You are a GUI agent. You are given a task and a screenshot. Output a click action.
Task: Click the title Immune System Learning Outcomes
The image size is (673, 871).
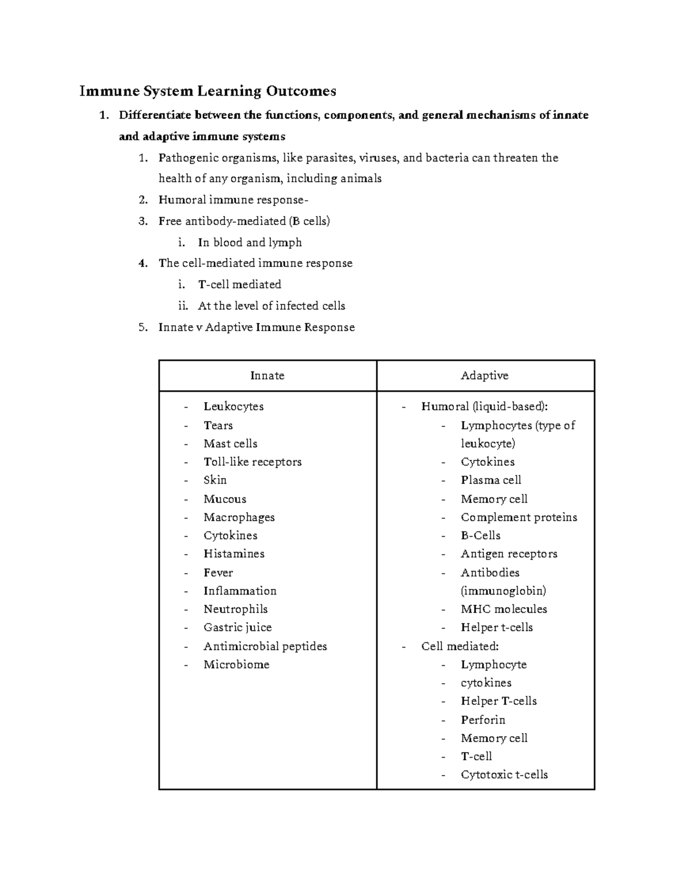(x=208, y=91)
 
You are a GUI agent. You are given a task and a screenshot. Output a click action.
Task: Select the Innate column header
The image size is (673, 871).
(x=267, y=376)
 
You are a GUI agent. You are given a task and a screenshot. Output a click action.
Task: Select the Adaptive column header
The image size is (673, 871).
(x=485, y=376)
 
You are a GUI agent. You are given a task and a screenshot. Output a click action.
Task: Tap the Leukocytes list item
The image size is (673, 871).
(x=233, y=407)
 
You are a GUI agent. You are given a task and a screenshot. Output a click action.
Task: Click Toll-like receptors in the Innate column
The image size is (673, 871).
(x=252, y=462)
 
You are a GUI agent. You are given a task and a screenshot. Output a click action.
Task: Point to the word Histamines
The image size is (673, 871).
(x=234, y=554)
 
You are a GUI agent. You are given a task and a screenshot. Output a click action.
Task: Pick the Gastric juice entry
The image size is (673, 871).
(x=237, y=628)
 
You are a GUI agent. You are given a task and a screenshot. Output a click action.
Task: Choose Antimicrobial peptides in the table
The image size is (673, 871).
(x=265, y=647)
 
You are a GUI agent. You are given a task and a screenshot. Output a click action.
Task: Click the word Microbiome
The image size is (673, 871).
(x=236, y=665)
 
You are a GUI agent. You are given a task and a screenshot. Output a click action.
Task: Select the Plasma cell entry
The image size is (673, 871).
(x=491, y=480)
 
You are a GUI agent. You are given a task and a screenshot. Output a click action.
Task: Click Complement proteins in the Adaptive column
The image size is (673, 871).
(x=519, y=518)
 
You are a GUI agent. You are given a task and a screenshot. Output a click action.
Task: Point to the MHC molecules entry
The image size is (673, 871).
(x=504, y=609)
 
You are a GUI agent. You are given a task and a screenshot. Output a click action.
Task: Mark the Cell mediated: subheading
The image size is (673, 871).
(x=460, y=647)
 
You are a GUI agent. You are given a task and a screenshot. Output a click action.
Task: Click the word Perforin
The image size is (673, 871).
(x=483, y=720)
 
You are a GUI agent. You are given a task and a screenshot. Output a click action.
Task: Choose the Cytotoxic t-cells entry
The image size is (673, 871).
(x=504, y=775)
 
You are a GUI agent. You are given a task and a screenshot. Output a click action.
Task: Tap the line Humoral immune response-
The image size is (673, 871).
(x=233, y=200)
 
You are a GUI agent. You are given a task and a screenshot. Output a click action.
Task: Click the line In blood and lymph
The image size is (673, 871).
(x=250, y=243)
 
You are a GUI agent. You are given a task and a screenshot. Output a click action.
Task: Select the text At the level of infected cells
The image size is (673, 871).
(x=271, y=306)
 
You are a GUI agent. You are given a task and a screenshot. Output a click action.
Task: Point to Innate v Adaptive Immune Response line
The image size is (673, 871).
(x=256, y=328)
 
